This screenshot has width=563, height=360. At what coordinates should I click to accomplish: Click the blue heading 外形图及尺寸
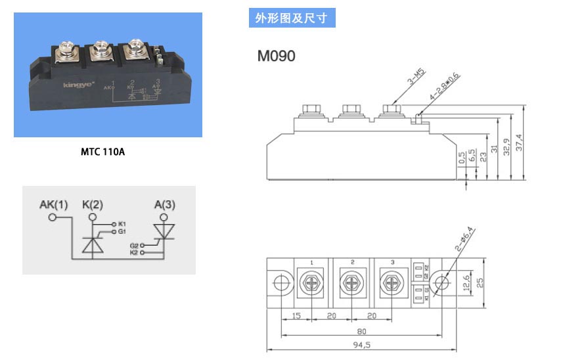point(292,18)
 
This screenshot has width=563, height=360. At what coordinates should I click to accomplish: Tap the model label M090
point(276,56)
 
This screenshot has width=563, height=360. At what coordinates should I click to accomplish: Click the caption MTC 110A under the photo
point(102,152)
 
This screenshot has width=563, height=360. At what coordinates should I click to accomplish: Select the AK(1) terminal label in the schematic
point(54,205)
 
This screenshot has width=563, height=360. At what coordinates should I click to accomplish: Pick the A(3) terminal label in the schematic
point(165,205)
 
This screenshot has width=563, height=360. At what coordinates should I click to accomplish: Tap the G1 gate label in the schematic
point(122,232)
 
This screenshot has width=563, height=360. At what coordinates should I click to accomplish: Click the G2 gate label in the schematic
point(134,245)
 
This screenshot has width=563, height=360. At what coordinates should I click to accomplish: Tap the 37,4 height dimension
point(520,141)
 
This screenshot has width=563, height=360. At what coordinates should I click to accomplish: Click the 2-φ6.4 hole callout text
point(464,239)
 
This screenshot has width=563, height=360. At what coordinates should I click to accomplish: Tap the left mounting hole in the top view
point(280,284)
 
